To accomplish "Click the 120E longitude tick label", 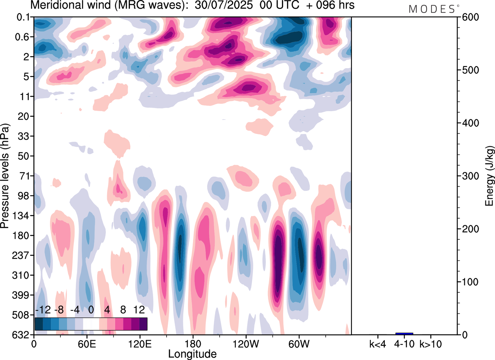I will [x=139, y=343].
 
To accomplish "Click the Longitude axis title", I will [x=192, y=353].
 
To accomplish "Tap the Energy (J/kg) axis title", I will [x=490, y=176].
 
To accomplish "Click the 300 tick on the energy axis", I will [x=469, y=176].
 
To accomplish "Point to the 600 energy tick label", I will [x=469, y=17].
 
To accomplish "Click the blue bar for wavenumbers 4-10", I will [x=404, y=333].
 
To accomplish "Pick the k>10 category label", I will [x=430, y=343].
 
